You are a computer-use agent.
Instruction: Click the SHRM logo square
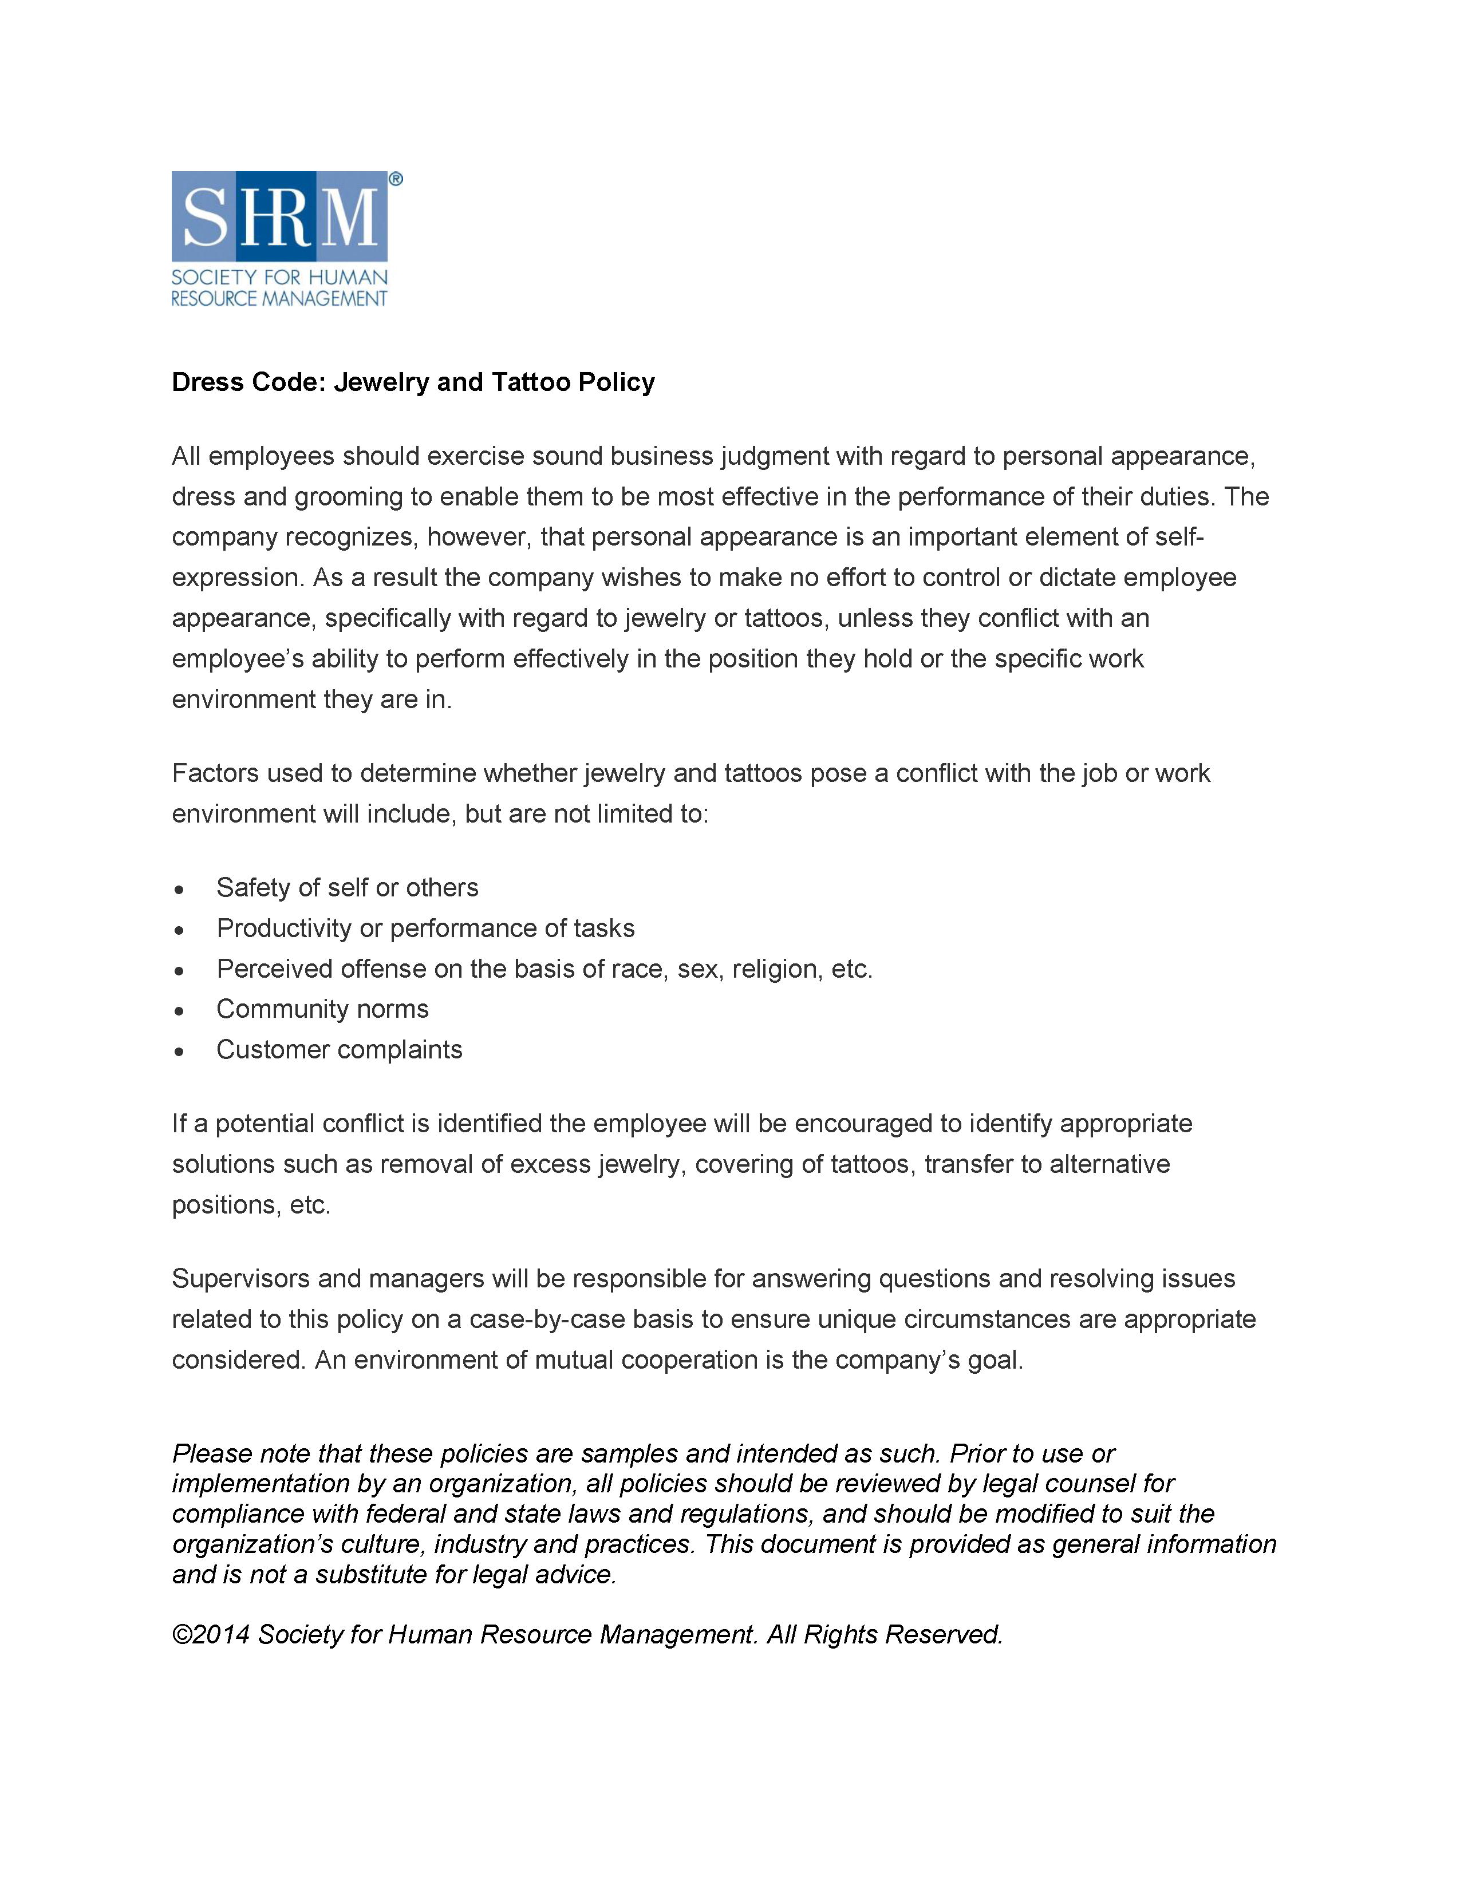[x=279, y=216]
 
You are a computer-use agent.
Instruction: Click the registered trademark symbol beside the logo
[x=395, y=179]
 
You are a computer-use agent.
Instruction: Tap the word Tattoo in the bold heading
[x=530, y=382]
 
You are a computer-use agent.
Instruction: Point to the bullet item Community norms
[x=322, y=1009]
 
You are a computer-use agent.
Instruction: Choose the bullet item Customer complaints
[x=339, y=1049]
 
